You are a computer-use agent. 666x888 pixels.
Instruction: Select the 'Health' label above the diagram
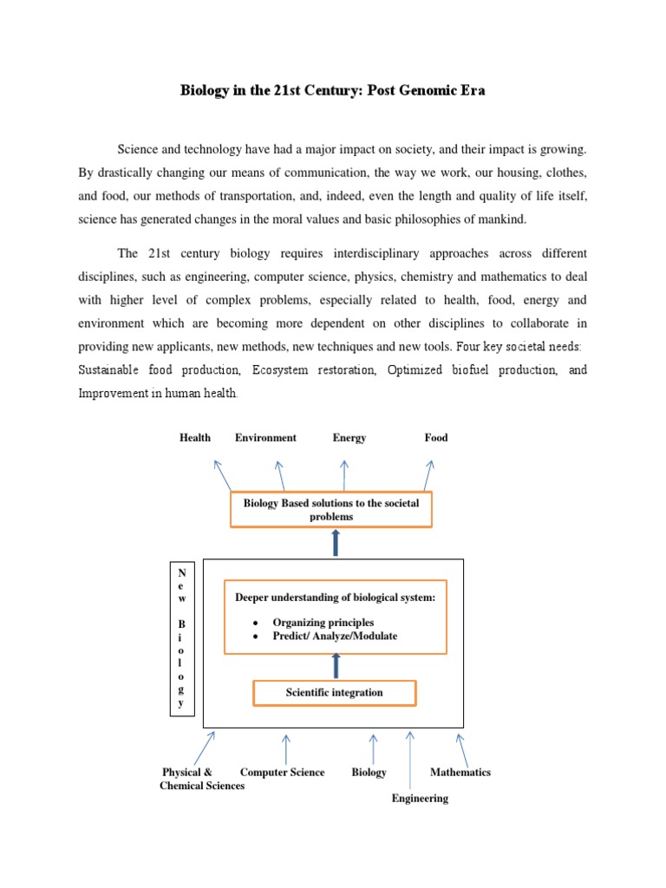pyautogui.click(x=195, y=438)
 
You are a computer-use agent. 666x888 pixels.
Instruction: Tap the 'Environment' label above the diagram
pyautogui.click(x=265, y=438)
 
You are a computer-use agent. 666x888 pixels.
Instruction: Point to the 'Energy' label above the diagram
pyautogui.click(x=349, y=438)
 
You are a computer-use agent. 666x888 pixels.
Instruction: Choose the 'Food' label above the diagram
pyautogui.click(x=436, y=438)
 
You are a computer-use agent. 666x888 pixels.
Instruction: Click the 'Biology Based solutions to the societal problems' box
pyautogui.click(x=330, y=510)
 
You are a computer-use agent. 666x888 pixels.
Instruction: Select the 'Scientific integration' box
pyautogui.click(x=334, y=693)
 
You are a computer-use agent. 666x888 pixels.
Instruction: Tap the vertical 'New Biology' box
pyautogui.click(x=181, y=639)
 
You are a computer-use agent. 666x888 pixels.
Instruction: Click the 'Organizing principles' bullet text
pyautogui.click(x=323, y=623)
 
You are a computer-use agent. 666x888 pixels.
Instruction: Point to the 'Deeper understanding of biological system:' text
pyautogui.click(x=335, y=598)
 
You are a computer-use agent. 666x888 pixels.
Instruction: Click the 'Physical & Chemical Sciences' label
pyautogui.click(x=201, y=779)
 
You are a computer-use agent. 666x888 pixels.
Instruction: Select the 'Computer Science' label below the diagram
pyautogui.click(x=283, y=773)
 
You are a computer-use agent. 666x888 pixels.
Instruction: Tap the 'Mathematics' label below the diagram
pyautogui.click(x=460, y=773)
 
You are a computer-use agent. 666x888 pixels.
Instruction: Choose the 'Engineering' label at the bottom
pyautogui.click(x=420, y=799)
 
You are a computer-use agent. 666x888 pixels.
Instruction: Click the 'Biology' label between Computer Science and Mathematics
pyautogui.click(x=369, y=773)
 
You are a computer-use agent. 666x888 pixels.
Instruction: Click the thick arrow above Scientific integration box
pyautogui.click(x=336, y=666)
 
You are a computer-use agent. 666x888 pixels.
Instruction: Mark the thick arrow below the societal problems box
pyautogui.click(x=336, y=543)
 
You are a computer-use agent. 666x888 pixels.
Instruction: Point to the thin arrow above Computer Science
pyautogui.click(x=285, y=748)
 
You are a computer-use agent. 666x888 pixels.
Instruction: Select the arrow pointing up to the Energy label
pyautogui.click(x=344, y=475)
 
